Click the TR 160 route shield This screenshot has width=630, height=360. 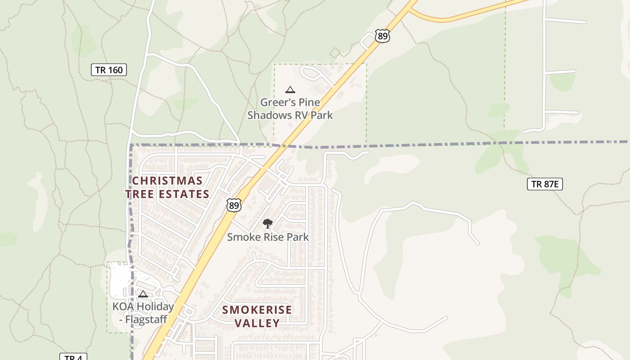pyautogui.click(x=109, y=70)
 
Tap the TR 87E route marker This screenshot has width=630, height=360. pyautogui.click(x=545, y=184)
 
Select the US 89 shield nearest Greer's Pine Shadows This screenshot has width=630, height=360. pyautogui.click(x=382, y=36)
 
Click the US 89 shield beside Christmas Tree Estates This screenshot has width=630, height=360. pyautogui.click(x=234, y=205)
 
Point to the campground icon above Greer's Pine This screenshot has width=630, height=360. pyautogui.click(x=290, y=90)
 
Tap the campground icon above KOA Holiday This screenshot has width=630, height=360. pyautogui.click(x=143, y=294)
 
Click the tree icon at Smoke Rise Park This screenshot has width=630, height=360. pyautogui.click(x=268, y=223)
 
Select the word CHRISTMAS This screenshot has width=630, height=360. pyautogui.click(x=167, y=181)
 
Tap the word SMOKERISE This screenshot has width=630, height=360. pyautogui.click(x=257, y=310)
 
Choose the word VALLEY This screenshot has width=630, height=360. pyautogui.click(x=257, y=323)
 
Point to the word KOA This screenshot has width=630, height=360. pyautogui.click(x=123, y=307)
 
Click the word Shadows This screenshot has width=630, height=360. pyautogui.click(x=270, y=115)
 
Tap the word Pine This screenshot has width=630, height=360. pyautogui.click(x=310, y=102)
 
